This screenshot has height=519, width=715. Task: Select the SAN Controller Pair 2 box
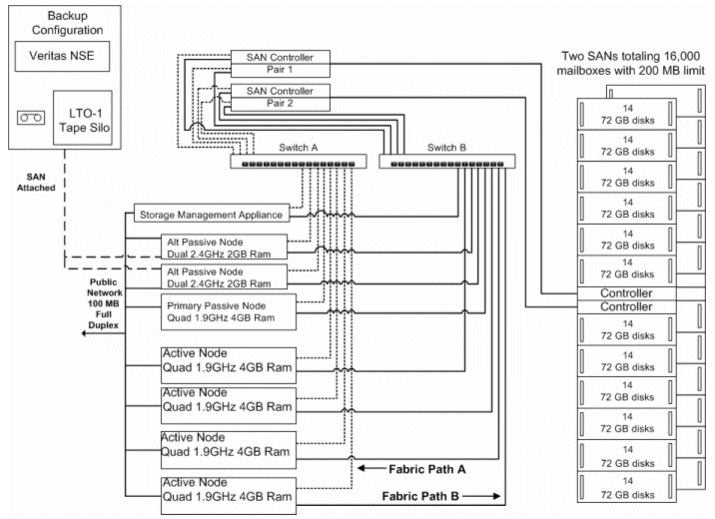click(279, 96)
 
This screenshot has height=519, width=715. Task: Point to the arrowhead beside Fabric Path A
click(366, 467)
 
